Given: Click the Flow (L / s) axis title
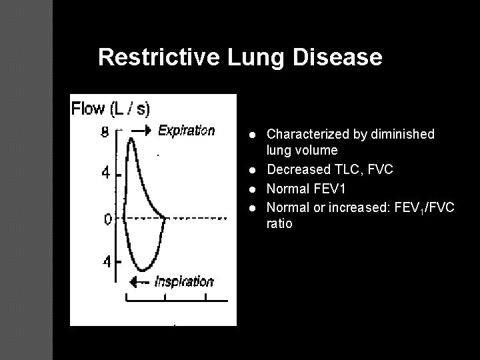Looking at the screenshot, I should pos(111,108).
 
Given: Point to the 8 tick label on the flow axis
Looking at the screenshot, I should pos(105,133).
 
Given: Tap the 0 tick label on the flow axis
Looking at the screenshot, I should pos(108,218).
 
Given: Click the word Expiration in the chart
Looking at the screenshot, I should pos(186,131).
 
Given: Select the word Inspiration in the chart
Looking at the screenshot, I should pos(183,281).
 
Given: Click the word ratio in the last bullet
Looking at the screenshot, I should pos(279,224).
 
